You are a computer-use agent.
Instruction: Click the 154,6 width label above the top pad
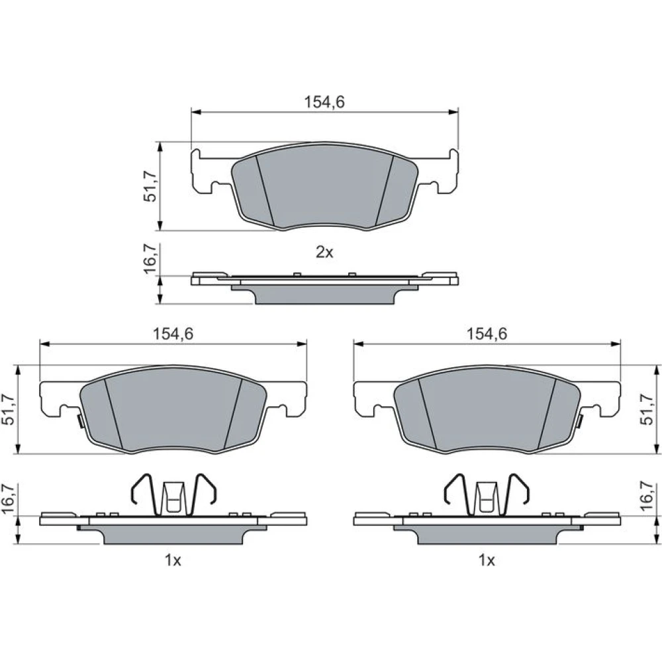pyautogui.click(x=324, y=102)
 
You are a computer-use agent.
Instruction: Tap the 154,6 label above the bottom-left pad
pyautogui.click(x=173, y=334)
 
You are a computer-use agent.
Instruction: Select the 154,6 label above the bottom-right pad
pyautogui.click(x=487, y=334)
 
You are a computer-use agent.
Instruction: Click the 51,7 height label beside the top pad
pyautogui.click(x=150, y=186)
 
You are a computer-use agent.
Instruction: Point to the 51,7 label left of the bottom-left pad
pyautogui.click(x=9, y=409)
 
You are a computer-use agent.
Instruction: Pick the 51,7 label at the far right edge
pyautogui.click(x=647, y=409)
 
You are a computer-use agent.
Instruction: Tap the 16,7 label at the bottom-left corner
pyautogui.click(x=9, y=498)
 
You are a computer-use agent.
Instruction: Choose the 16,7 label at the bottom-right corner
pyautogui.click(x=647, y=498)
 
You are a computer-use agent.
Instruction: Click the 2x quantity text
pyautogui.click(x=324, y=252)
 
